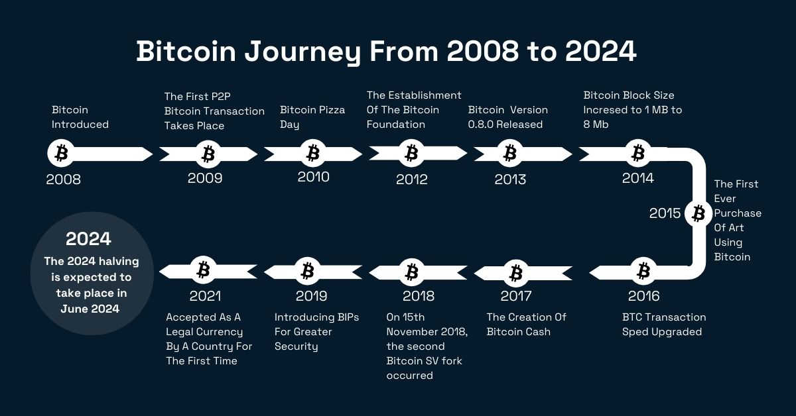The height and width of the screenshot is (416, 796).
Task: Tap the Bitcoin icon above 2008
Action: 61,154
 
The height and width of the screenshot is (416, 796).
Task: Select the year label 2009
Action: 205,178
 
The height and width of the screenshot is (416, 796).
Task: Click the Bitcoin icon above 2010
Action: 312,154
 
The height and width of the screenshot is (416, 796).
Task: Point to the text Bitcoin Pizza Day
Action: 312,117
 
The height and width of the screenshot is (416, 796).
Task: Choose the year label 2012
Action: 412,179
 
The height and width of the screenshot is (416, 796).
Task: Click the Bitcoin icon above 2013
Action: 509,154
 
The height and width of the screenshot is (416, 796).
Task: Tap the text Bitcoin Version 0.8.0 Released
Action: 508,117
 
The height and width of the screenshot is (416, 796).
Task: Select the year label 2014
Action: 637,178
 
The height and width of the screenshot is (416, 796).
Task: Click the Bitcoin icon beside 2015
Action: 698,213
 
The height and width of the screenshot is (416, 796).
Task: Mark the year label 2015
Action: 665,213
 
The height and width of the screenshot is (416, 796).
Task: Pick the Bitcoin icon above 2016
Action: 643,271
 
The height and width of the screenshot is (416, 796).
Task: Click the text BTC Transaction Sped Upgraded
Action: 664,325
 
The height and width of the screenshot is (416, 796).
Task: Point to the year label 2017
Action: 516,296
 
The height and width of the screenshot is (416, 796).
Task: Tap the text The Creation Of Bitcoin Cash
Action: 527,325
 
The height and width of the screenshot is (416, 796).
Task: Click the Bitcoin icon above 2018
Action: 412,271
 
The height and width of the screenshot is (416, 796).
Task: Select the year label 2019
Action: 311,296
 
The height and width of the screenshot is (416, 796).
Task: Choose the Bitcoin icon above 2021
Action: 204,270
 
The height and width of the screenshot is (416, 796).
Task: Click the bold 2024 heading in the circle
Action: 88,239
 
